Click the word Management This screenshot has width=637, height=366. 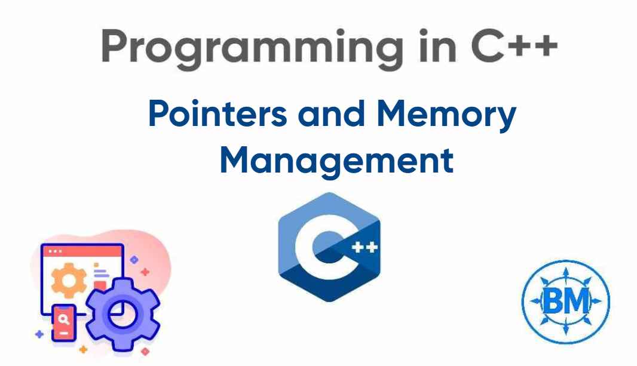(x=336, y=160)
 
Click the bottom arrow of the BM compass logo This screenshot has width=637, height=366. (x=565, y=334)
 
